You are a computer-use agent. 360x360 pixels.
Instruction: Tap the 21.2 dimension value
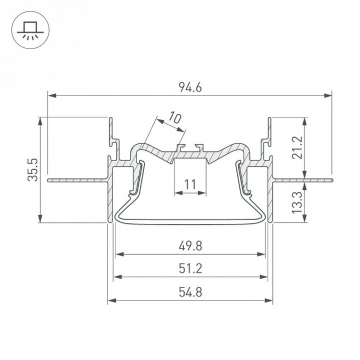(297, 148)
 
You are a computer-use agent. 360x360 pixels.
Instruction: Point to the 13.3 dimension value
(297, 201)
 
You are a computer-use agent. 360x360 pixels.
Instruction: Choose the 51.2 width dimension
(190, 268)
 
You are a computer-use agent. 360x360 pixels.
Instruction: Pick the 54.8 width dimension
(190, 292)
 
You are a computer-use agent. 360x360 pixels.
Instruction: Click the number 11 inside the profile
(190, 184)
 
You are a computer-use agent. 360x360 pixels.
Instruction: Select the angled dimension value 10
(175, 118)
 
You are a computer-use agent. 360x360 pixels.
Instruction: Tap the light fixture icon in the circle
(29, 30)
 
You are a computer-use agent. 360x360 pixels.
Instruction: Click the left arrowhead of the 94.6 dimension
(51, 95)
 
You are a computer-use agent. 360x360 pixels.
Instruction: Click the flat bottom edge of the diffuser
(190, 223)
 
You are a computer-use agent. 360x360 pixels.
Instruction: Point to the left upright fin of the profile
(111, 130)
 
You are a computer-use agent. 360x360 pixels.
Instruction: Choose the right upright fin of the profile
(269, 130)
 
